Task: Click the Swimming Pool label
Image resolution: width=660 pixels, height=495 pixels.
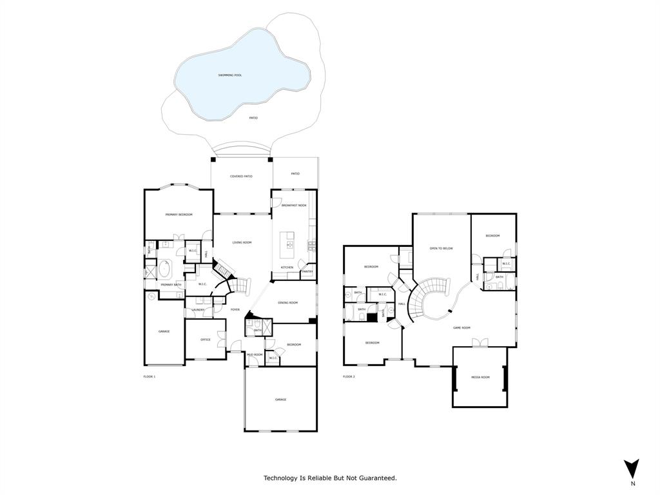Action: click(229, 75)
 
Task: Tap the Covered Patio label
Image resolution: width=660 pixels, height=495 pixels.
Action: click(241, 176)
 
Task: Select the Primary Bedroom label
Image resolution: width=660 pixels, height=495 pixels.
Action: click(179, 215)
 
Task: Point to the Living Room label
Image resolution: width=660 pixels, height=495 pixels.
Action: click(242, 242)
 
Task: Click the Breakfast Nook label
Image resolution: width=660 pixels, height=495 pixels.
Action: click(294, 205)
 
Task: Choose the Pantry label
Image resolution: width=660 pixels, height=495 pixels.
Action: click(307, 271)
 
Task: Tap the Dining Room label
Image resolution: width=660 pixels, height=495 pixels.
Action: click(287, 303)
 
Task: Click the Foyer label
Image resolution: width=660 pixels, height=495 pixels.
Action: click(235, 309)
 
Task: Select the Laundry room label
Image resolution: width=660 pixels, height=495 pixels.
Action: click(198, 309)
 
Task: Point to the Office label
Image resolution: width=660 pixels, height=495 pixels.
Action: click(205, 340)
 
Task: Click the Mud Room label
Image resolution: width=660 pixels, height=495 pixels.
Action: click(255, 354)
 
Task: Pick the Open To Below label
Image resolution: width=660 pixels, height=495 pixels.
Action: click(442, 248)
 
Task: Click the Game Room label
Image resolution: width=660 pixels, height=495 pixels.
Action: click(461, 327)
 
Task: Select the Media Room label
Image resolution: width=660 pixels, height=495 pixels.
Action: click(480, 377)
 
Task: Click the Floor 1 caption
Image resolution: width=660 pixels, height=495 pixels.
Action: click(150, 376)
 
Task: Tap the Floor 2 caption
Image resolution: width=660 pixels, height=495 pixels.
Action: click(349, 376)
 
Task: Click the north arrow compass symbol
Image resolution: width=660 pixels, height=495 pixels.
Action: click(632, 469)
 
